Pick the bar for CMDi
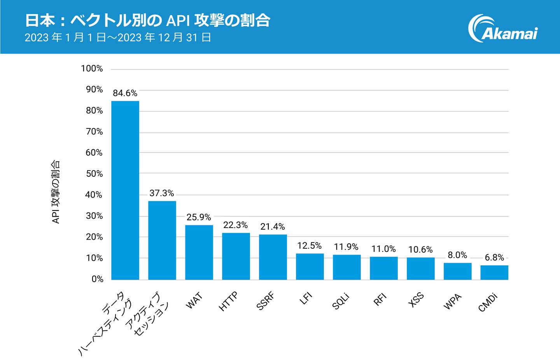pos(494,272)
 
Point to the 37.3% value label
pos(162,193)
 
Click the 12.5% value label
pos(310,246)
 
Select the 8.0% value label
pos(457,255)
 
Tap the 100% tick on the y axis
pos(92,68)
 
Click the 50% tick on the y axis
pos(94,174)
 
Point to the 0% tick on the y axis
pos(97,279)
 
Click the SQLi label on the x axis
pos(341,302)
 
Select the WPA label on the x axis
pos(452,302)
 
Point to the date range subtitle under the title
pos(117,38)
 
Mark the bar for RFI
pos(383,268)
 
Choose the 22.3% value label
pos(236,225)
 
